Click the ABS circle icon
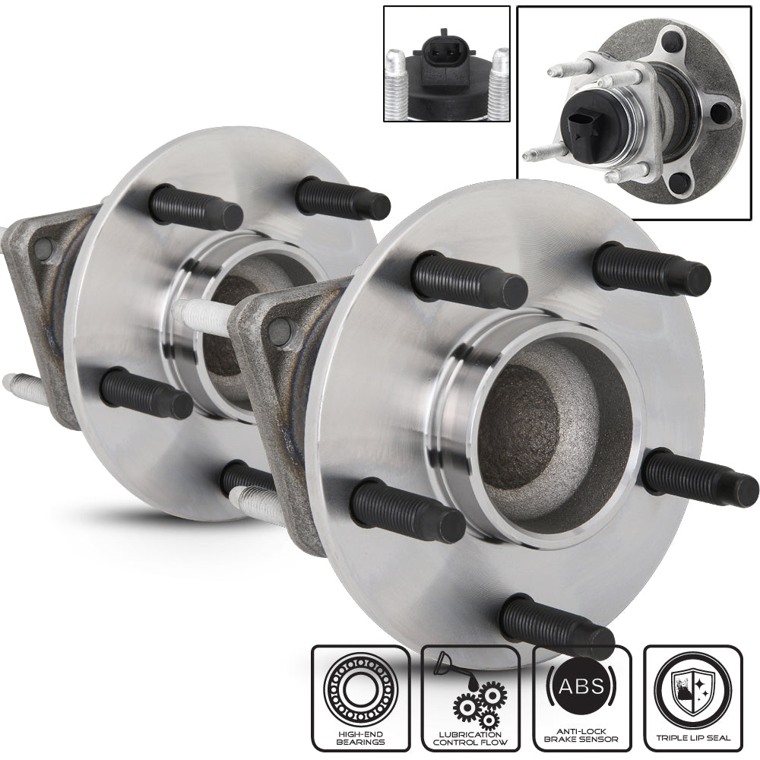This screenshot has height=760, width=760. point(581,686)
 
